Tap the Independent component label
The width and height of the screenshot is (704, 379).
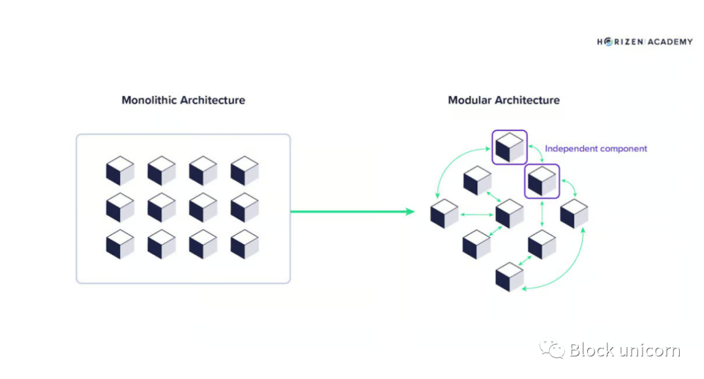[x=596, y=149]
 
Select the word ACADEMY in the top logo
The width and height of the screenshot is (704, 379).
[x=670, y=42]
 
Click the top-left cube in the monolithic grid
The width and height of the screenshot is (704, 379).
[x=120, y=171]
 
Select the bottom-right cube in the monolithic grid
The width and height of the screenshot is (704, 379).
[x=244, y=244]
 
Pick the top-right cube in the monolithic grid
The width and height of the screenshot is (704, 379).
[x=244, y=171]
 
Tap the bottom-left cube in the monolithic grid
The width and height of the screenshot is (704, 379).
[x=120, y=244]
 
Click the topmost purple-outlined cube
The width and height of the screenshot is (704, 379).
[x=509, y=147]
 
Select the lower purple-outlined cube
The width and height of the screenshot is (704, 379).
[x=542, y=181]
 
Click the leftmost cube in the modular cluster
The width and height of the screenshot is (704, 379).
[x=445, y=214]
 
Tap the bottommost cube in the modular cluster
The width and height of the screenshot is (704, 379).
[x=510, y=277]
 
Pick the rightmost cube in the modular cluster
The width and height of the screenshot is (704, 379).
[x=574, y=213]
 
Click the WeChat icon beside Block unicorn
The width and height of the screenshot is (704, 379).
[x=552, y=350]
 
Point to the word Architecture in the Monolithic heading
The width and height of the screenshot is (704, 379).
[x=213, y=100]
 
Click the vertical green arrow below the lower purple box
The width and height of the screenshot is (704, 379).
[x=542, y=213]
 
